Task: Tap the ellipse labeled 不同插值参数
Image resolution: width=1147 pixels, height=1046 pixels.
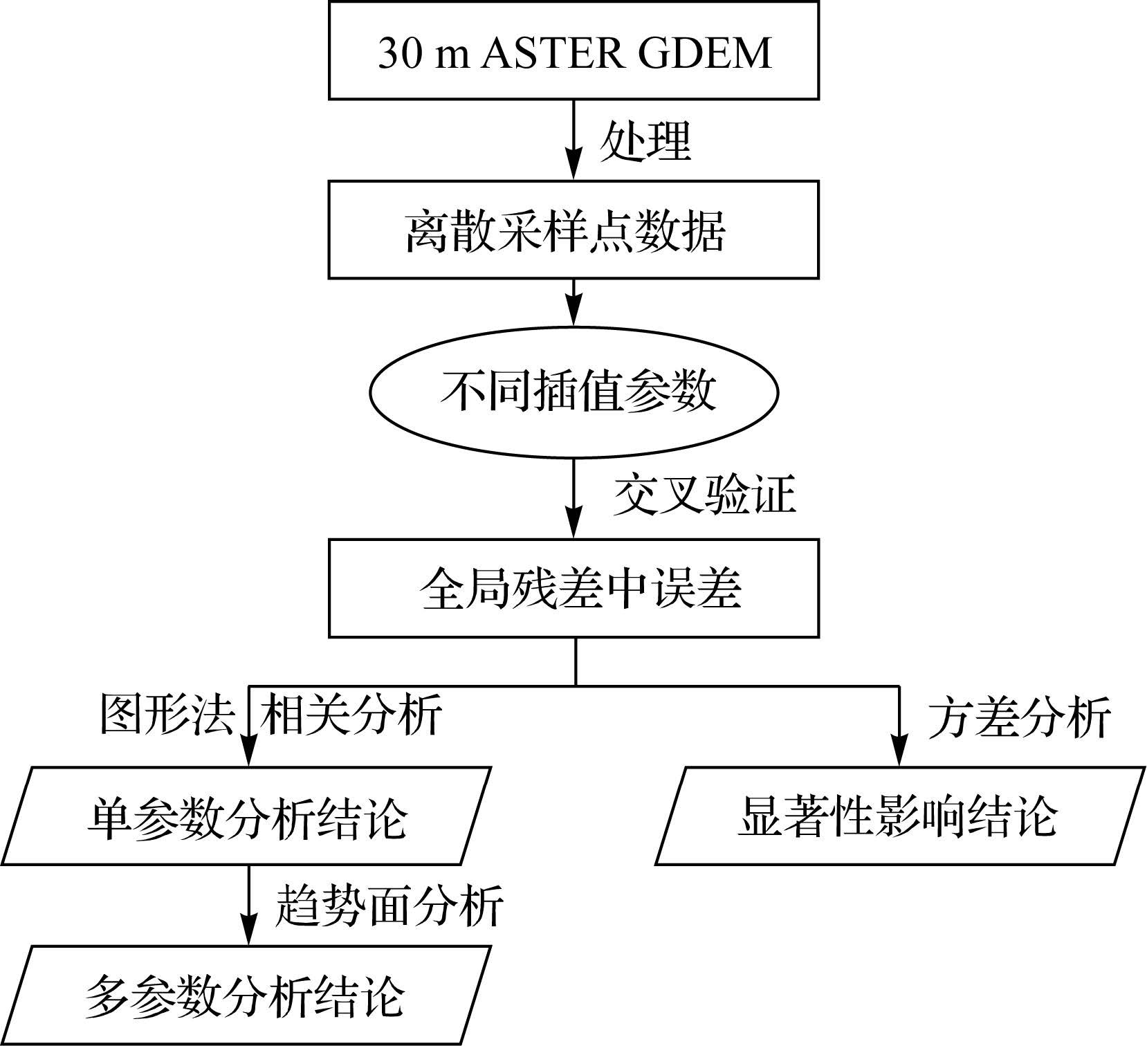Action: [573, 392]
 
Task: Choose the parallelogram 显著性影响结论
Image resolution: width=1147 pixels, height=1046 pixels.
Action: [899, 816]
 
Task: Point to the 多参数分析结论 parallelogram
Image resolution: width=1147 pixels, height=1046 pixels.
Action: [246, 996]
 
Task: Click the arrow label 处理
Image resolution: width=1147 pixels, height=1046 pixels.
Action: [645, 140]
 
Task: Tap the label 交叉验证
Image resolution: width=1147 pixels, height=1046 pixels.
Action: [704, 495]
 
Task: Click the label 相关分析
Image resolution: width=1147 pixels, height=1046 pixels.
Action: [351, 714]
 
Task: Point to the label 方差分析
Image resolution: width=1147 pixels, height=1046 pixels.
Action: [1019, 717]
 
